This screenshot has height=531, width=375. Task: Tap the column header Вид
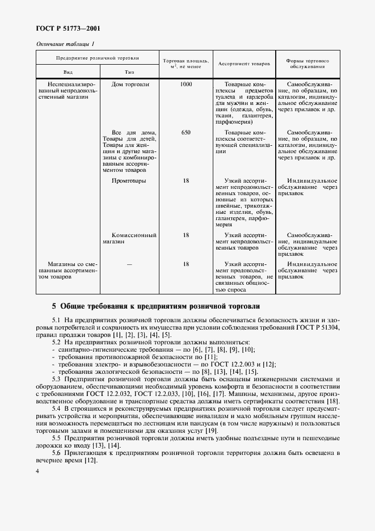tap(68, 72)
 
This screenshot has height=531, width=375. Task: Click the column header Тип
tap(129, 72)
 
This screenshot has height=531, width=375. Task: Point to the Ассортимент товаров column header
tap(244, 64)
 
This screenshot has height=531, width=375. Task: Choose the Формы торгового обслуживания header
tap(307, 64)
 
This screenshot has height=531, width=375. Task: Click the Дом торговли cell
tap(130, 85)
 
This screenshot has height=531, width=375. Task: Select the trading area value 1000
tap(186, 85)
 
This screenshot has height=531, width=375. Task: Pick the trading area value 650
tap(186, 133)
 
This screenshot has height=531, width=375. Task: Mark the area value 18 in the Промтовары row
tap(186, 181)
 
